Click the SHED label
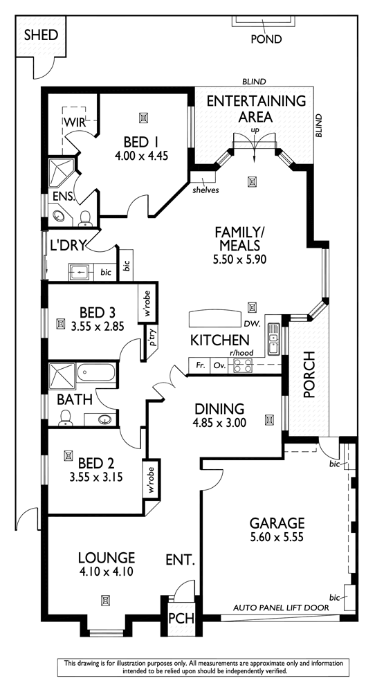(x=41, y=35)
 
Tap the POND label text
(x=266, y=39)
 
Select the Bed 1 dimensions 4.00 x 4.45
(x=142, y=155)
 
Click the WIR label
(x=74, y=122)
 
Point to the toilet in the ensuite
(x=84, y=219)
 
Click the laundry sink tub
(x=80, y=272)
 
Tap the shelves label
(x=205, y=190)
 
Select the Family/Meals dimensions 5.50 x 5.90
(x=239, y=259)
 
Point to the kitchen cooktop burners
(x=243, y=365)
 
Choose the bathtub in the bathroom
(x=97, y=373)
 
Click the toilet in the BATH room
(x=66, y=418)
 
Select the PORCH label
(x=310, y=374)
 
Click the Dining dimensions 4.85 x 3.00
(x=219, y=423)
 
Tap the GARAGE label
(x=277, y=523)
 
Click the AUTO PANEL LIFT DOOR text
(x=281, y=608)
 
